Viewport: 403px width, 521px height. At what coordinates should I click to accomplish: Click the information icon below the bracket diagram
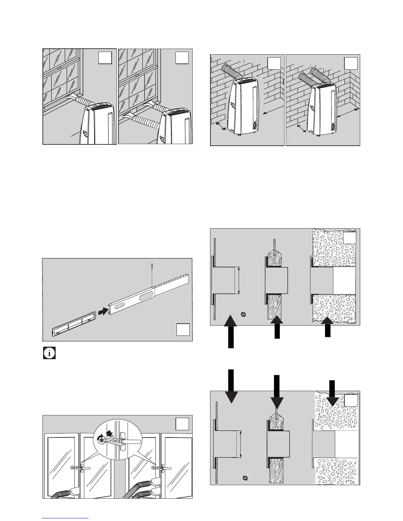tap(49, 353)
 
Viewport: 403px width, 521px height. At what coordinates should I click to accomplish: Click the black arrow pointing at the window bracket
tap(103, 311)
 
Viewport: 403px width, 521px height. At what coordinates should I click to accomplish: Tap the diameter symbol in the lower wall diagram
tap(245, 478)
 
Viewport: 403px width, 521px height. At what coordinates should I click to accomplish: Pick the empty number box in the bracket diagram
tap(183, 330)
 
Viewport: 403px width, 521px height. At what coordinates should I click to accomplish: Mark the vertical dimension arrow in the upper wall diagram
tap(239, 280)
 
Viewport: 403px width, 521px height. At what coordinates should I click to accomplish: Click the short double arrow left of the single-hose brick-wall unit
tap(219, 126)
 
